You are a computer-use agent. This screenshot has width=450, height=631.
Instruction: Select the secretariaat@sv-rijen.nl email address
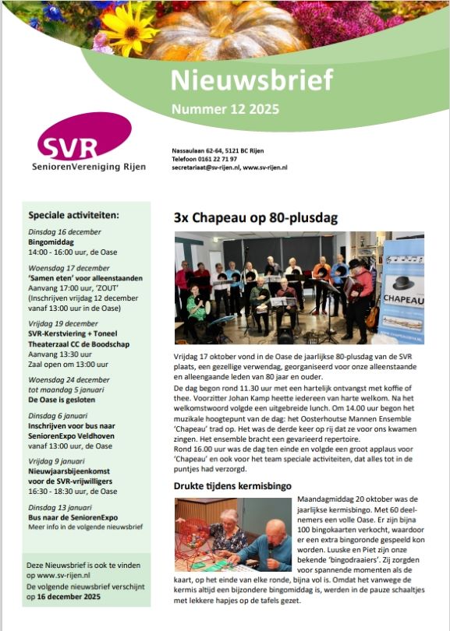205,167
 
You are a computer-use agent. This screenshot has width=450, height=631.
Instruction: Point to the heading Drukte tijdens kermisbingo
232,486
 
